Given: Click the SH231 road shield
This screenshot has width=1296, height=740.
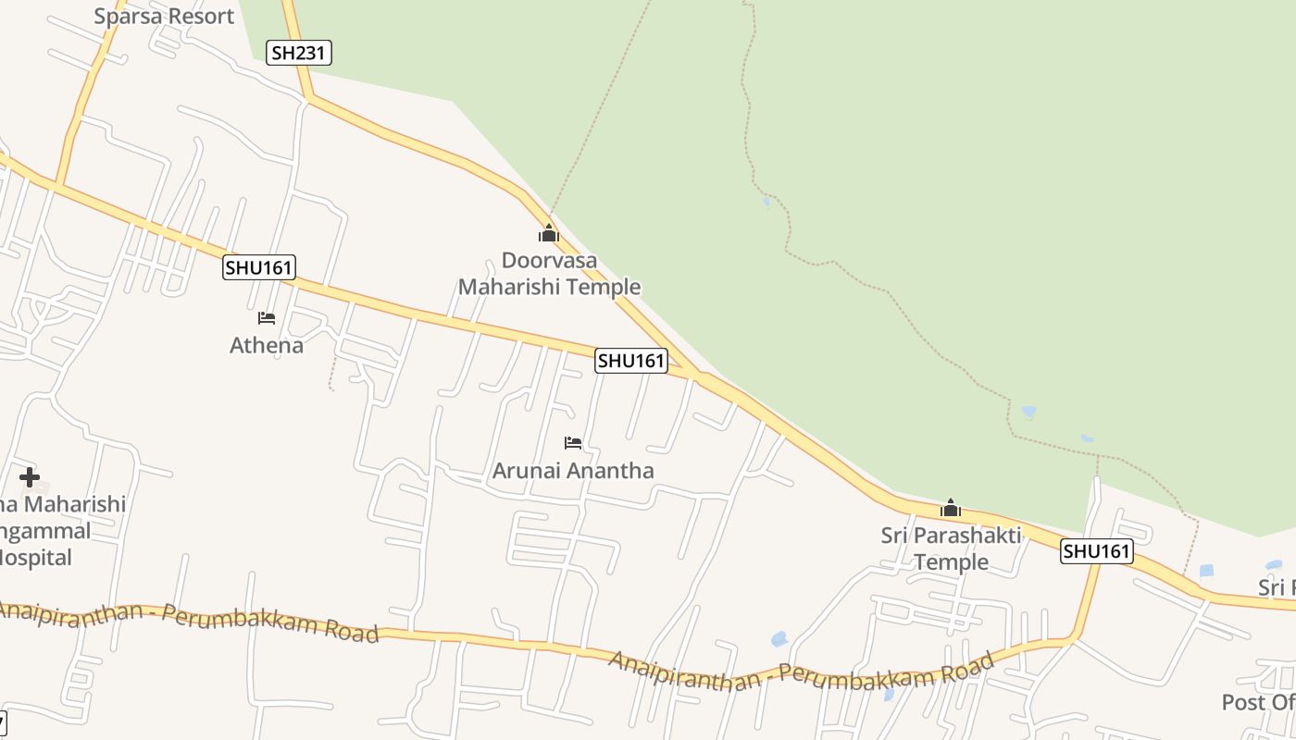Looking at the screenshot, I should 298,53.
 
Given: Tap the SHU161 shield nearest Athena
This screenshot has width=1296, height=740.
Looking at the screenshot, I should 259,268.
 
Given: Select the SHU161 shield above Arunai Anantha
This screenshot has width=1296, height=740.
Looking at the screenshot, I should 631,361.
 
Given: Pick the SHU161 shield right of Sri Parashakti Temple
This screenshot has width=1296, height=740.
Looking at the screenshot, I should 1097,551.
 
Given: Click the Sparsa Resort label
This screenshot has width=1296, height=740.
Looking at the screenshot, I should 164,16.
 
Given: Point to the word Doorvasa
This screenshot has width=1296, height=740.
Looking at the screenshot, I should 549,260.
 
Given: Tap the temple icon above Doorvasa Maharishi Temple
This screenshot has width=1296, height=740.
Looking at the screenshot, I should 549,233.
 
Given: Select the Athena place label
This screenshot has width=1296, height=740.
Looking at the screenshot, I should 267,345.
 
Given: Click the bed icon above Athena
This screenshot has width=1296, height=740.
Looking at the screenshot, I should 267,318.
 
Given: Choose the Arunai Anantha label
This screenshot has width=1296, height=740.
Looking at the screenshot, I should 573,470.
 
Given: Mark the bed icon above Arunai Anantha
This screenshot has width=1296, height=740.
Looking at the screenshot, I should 573,443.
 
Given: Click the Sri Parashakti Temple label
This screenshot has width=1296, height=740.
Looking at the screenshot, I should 951,548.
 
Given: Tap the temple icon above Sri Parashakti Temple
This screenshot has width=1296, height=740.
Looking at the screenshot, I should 951,508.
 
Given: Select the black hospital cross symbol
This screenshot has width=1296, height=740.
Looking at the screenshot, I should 30,477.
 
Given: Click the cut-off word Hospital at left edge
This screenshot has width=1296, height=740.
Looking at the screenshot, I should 36,558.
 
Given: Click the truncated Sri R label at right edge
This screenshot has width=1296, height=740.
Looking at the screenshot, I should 1277,587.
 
